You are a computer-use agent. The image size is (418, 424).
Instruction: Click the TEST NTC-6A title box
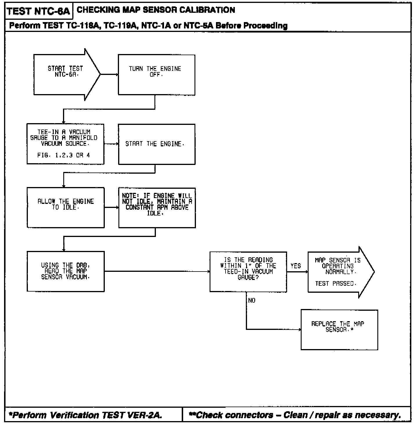(x=38, y=11)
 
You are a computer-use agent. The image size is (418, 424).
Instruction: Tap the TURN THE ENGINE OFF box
(x=156, y=75)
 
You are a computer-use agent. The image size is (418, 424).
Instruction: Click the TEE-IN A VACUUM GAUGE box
(x=65, y=144)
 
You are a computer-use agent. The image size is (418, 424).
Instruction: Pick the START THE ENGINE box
(x=156, y=144)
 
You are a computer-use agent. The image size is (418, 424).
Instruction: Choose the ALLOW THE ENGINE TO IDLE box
(x=66, y=207)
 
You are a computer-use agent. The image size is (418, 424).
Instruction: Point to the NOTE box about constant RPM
(x=157, y=207)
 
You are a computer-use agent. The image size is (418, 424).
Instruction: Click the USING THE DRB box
(x=66, y=271)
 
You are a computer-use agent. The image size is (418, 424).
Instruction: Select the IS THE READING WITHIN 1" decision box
(x=248, y=272)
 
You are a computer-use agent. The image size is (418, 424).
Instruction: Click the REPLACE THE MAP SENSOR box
(x=339, y=330)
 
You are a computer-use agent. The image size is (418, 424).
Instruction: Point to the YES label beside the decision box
(x=296, y=266)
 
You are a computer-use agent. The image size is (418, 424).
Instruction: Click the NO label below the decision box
(x=252, y=301)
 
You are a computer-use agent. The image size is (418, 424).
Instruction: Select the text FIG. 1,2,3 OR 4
(x=64, y=155)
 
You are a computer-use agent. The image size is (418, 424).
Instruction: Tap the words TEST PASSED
(x=336, y=283)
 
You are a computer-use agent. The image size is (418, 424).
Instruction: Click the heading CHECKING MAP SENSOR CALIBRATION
(x=156, y=10)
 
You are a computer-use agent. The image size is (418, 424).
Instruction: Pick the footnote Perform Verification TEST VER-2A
(x=86, y=415)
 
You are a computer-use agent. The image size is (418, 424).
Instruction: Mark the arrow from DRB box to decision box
(x=157, y=272)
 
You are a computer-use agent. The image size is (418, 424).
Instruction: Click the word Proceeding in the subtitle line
(x=265, y=26)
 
